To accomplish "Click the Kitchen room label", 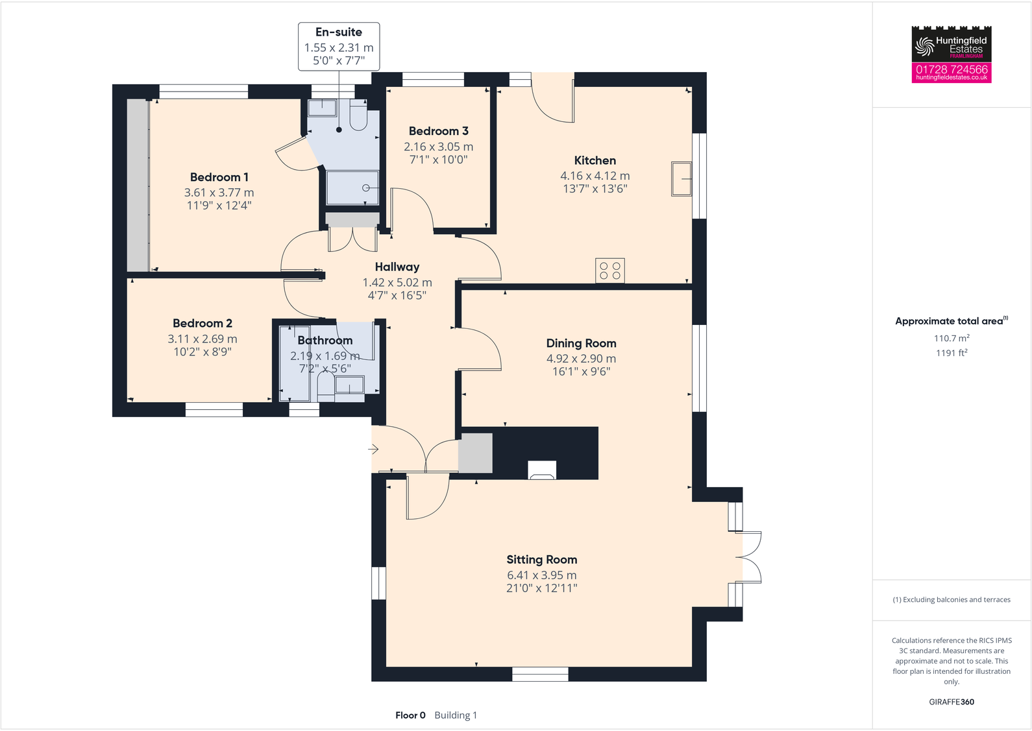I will pos(595,160).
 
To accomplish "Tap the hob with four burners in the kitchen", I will pos(609,270).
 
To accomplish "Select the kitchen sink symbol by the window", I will pos(681,178).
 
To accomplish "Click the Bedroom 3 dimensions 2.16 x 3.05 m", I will pos(438,147).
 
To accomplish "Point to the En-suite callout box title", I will pos(339,32).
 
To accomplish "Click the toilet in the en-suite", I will pos(358,117).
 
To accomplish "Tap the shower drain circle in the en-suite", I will pos(366,188).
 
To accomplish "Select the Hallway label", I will pos(397,267).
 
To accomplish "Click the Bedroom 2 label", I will pos(202,323).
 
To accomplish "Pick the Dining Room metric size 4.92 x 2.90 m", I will pos(581,359).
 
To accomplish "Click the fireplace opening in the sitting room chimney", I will pos(542,470).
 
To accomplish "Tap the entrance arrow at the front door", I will pos(373,449).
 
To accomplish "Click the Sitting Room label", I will pos(541,560).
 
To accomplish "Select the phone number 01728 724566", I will pos(951,69).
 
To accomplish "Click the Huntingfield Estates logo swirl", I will pos(924,46).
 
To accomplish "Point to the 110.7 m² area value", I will pos(951,338).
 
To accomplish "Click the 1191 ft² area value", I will pos(951,353).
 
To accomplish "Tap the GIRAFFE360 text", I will pos(951,702).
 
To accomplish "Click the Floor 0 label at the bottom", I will pos(410,715).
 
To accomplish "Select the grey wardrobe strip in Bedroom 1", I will pos(138,185).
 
